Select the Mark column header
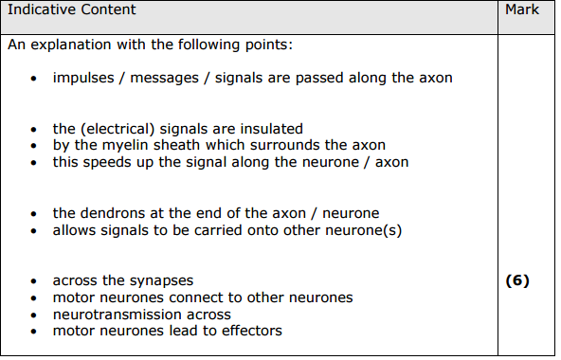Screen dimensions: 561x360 click(522, 10)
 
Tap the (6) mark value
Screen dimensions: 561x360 click(517, 280)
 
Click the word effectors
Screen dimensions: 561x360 click(249, 331)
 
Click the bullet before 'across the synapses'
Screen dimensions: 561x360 click(34, 282)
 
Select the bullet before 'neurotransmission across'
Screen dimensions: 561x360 click(34, 315)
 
